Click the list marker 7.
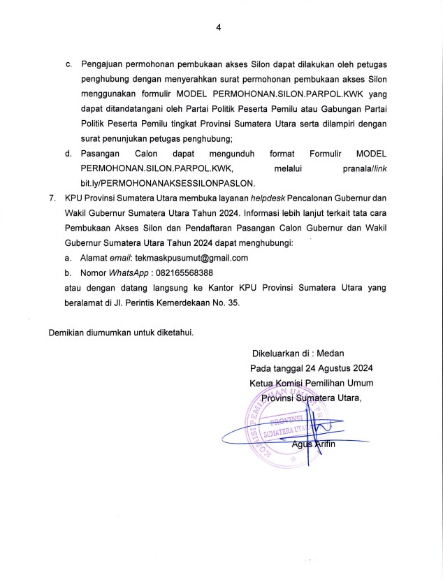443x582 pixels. click(52, 199)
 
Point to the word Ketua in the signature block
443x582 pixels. click(262, 383)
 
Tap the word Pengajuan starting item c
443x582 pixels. click(104, 65)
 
